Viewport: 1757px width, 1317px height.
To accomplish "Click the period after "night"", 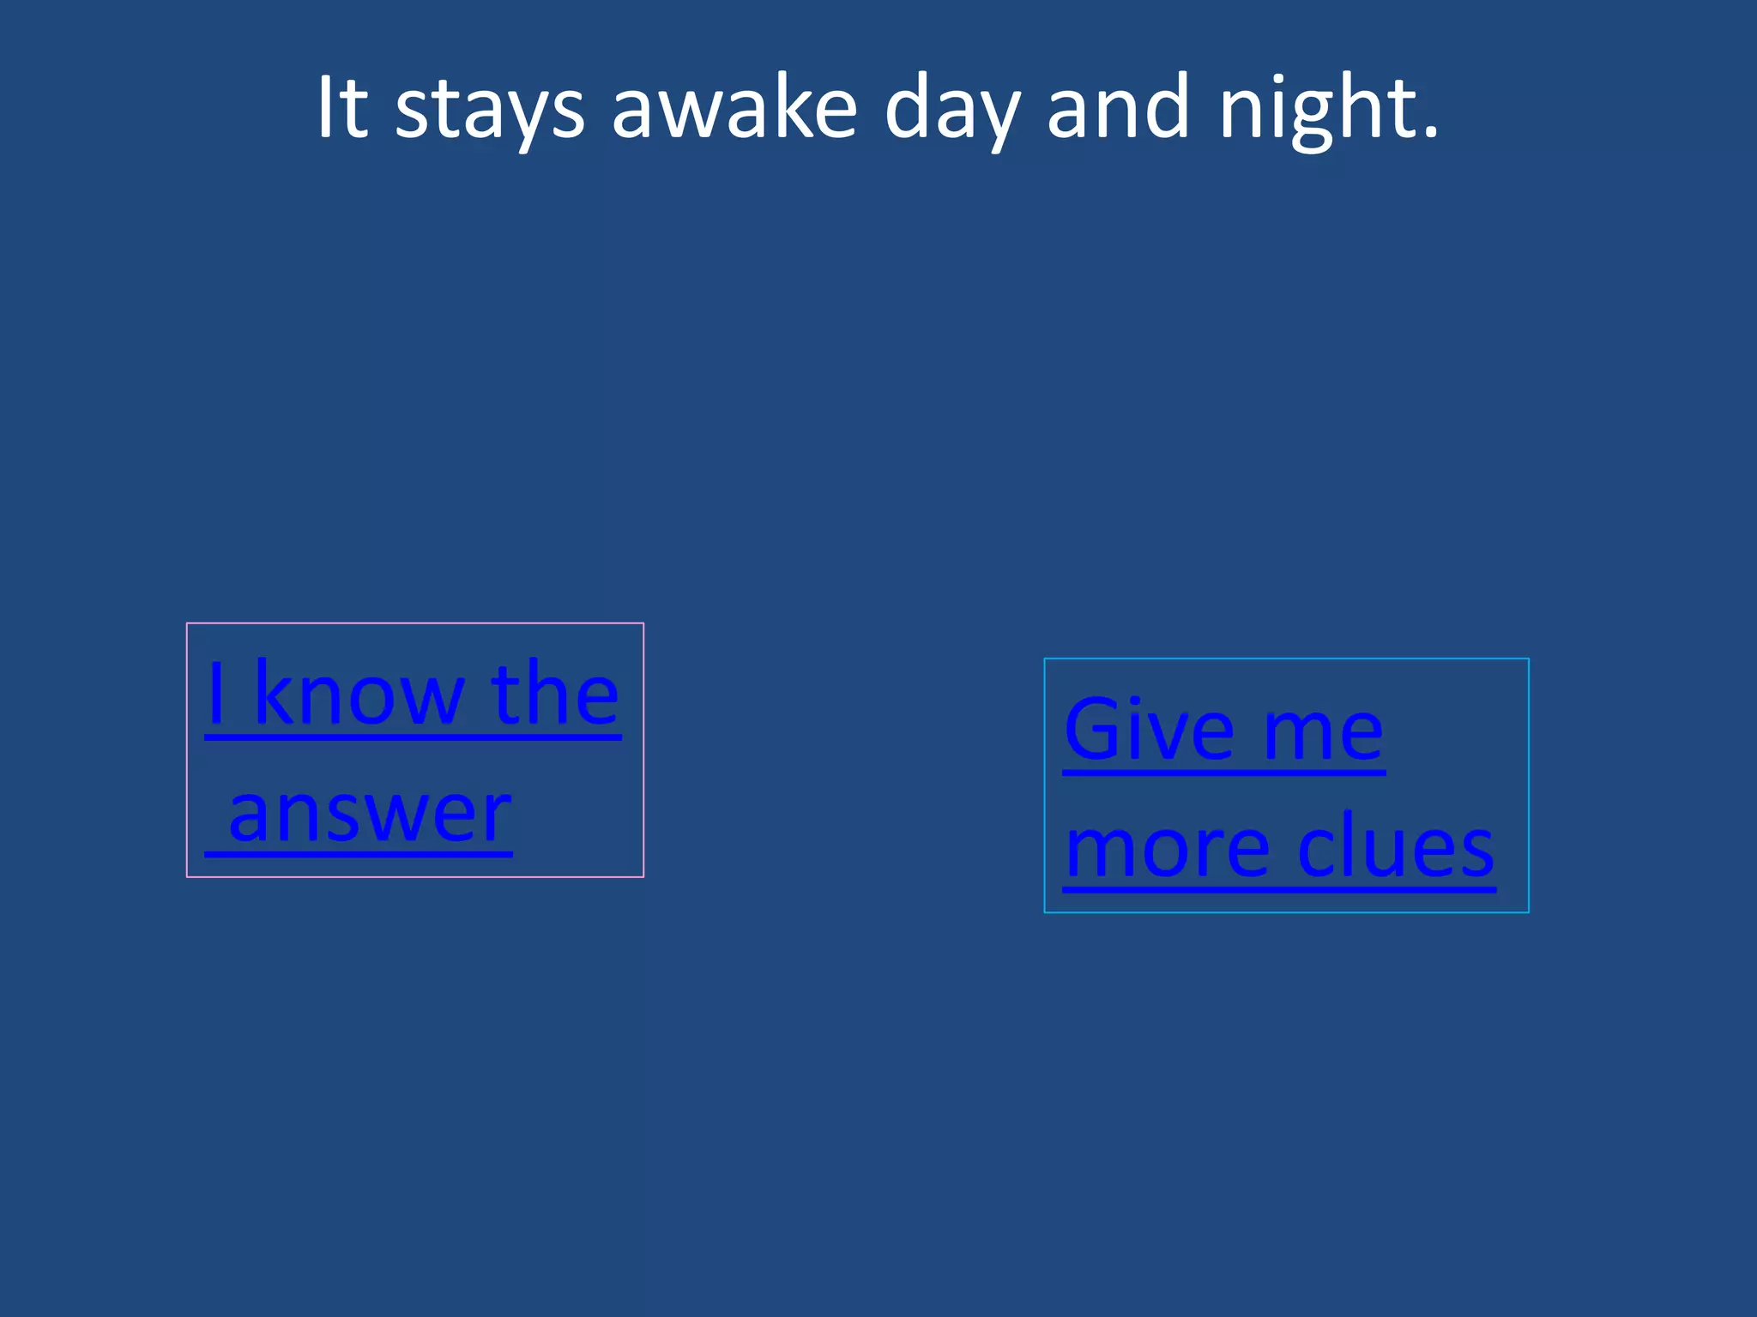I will (1429, 132).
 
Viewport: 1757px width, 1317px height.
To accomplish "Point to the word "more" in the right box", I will (1166, 849).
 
